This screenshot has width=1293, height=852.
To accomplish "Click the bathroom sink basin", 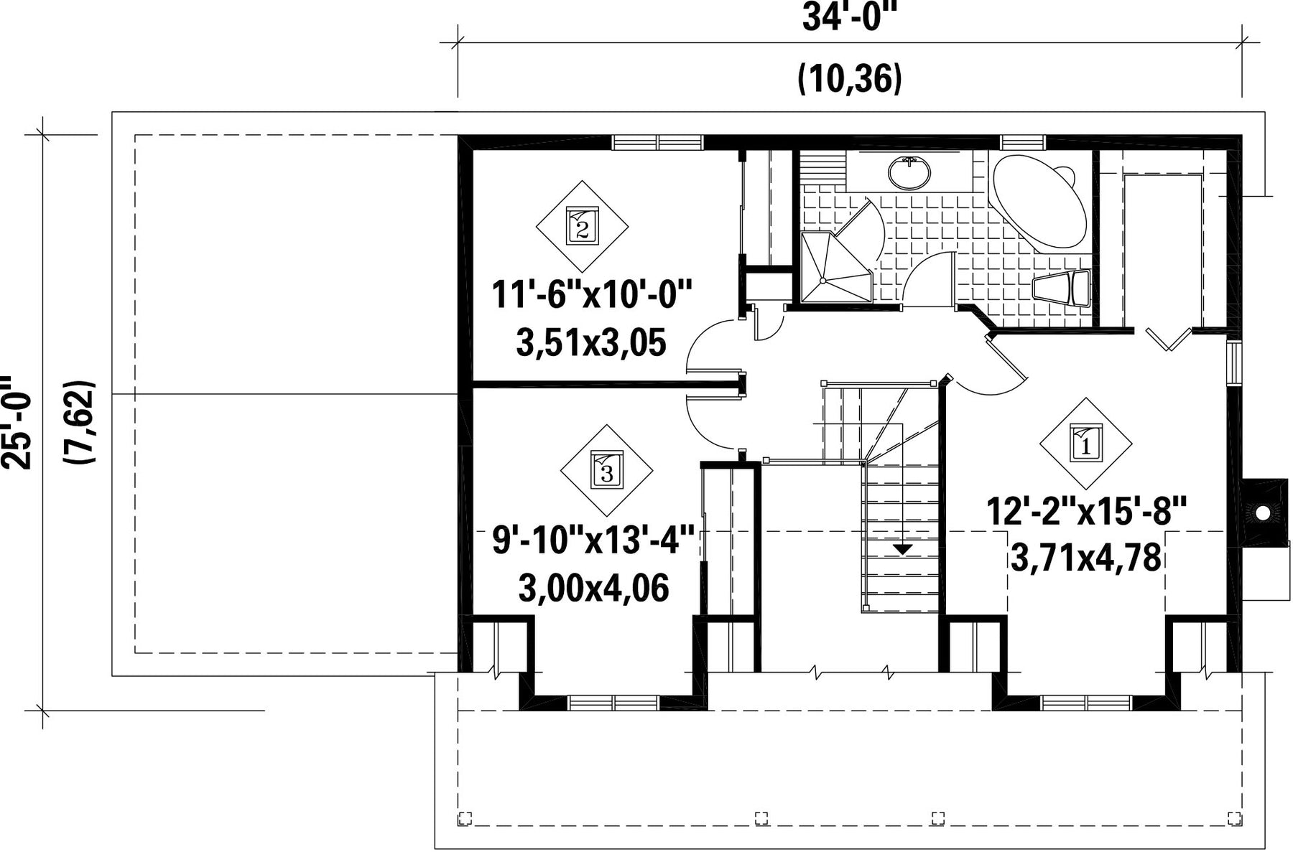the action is [x=909, y=172].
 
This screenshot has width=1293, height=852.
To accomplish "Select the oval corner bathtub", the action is [x=1039, y=200].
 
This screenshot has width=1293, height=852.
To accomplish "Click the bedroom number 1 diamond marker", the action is [x=1085, y=444].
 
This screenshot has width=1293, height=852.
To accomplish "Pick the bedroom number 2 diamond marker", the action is [x=582, y=226].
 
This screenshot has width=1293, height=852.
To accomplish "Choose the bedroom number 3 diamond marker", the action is [x=606, y=471].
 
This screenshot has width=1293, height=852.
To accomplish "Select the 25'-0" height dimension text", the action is [x=16, y=422].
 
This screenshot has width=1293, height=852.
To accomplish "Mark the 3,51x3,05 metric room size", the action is [x=591, y=342].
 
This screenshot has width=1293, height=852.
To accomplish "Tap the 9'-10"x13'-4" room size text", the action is [x=594, y=540].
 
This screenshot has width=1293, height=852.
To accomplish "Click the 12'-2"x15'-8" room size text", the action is [x=1085, y=512].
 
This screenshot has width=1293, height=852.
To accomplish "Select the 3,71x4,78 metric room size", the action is [x=1085, y=558].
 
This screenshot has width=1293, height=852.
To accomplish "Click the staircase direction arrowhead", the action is [x=902, y=549].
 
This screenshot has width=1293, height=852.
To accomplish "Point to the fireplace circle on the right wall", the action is [x=1262, y=512].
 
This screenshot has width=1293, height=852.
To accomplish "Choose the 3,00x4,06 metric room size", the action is [x=594, y=588].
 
